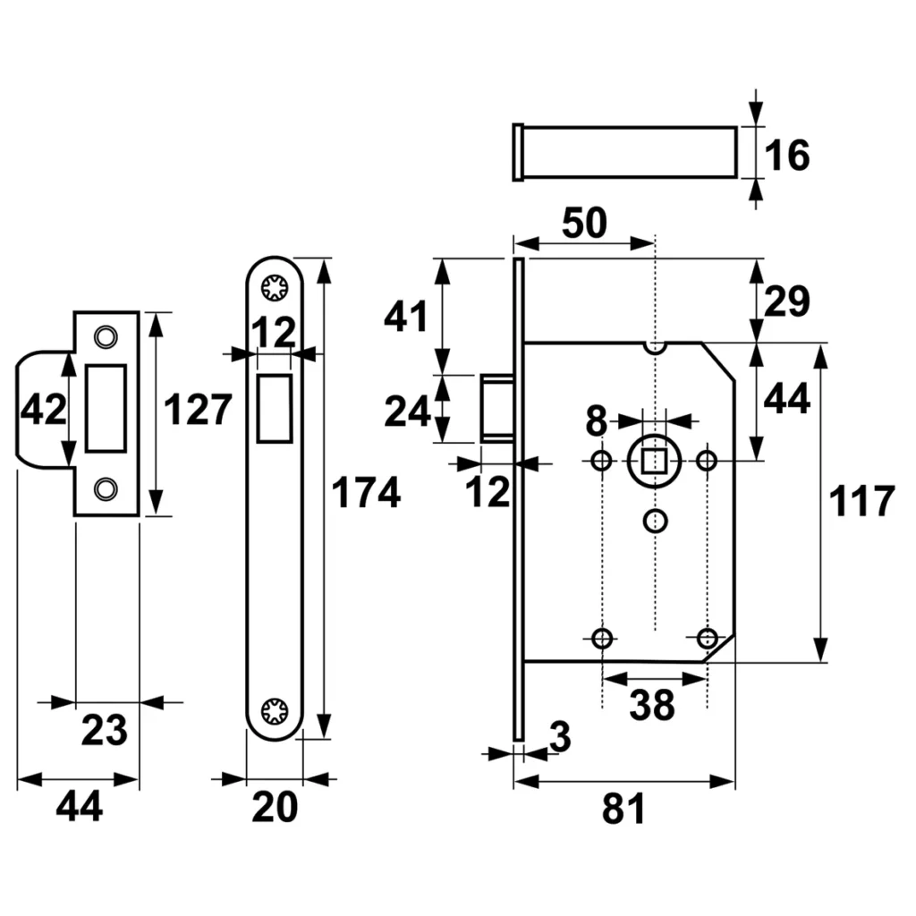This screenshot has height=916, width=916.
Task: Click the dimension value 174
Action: (366, 494)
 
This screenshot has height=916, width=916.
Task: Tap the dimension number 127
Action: (199, 411)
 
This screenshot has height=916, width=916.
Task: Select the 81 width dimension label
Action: (623, 810)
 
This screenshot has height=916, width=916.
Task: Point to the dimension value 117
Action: (861, 502)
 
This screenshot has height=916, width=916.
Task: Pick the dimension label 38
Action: (651, 706)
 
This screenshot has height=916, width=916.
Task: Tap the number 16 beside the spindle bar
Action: (787, 156)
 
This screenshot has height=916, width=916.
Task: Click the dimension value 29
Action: (786, 301)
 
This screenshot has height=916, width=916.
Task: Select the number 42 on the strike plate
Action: (44, 411)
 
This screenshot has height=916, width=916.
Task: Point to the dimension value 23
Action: (106, 731)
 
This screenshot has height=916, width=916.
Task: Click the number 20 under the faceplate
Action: (274, 809)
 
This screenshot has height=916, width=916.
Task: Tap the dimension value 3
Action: (560, 738)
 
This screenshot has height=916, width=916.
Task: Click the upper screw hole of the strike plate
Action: (106, 336)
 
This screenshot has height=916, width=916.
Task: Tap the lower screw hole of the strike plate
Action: (106, 488)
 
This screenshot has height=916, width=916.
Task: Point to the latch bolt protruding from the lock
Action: (496, 408)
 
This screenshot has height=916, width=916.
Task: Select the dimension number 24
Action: (408, 412)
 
